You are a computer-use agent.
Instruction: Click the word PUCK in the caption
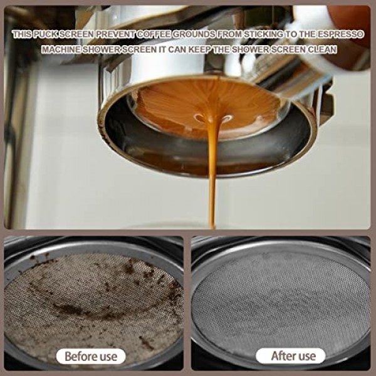pos(45,34)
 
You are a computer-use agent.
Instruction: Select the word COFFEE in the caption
pos(154,34)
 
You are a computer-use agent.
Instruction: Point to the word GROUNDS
pos(194,34)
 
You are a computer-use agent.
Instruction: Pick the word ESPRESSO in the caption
pos(341,34)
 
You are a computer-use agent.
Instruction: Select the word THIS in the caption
pos(22,34)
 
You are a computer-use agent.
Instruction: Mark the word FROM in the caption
pos(229,34)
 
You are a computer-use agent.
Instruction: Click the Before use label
pos(91,357)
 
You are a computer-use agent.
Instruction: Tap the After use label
pos(290,356)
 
